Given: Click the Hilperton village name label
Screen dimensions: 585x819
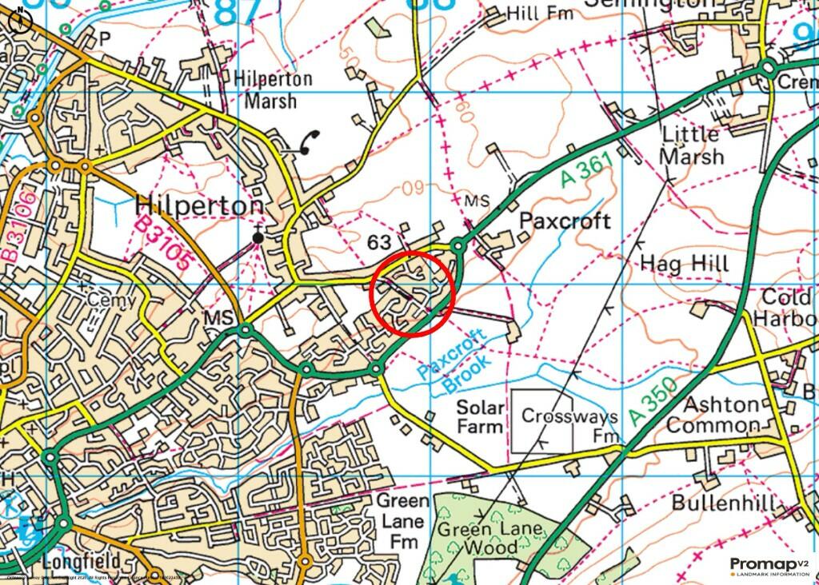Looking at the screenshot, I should [x=199, y=205].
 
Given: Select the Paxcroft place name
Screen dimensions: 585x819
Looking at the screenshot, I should [x=565, y=221].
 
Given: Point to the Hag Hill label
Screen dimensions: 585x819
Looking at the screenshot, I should [x=685, y=263].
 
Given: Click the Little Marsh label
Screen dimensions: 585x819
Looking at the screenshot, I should [x=690, y=145].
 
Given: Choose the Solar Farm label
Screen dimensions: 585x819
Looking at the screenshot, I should [x=480, y=416].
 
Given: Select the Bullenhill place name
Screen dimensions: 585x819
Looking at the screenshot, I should [x=723, y=503].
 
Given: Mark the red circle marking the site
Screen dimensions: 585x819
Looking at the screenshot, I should [x=413, y=292].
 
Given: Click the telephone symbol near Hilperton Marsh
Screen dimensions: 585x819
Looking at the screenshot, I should [x=307, y=141].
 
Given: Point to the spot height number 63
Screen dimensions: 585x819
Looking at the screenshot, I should [x=379, y=241].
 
